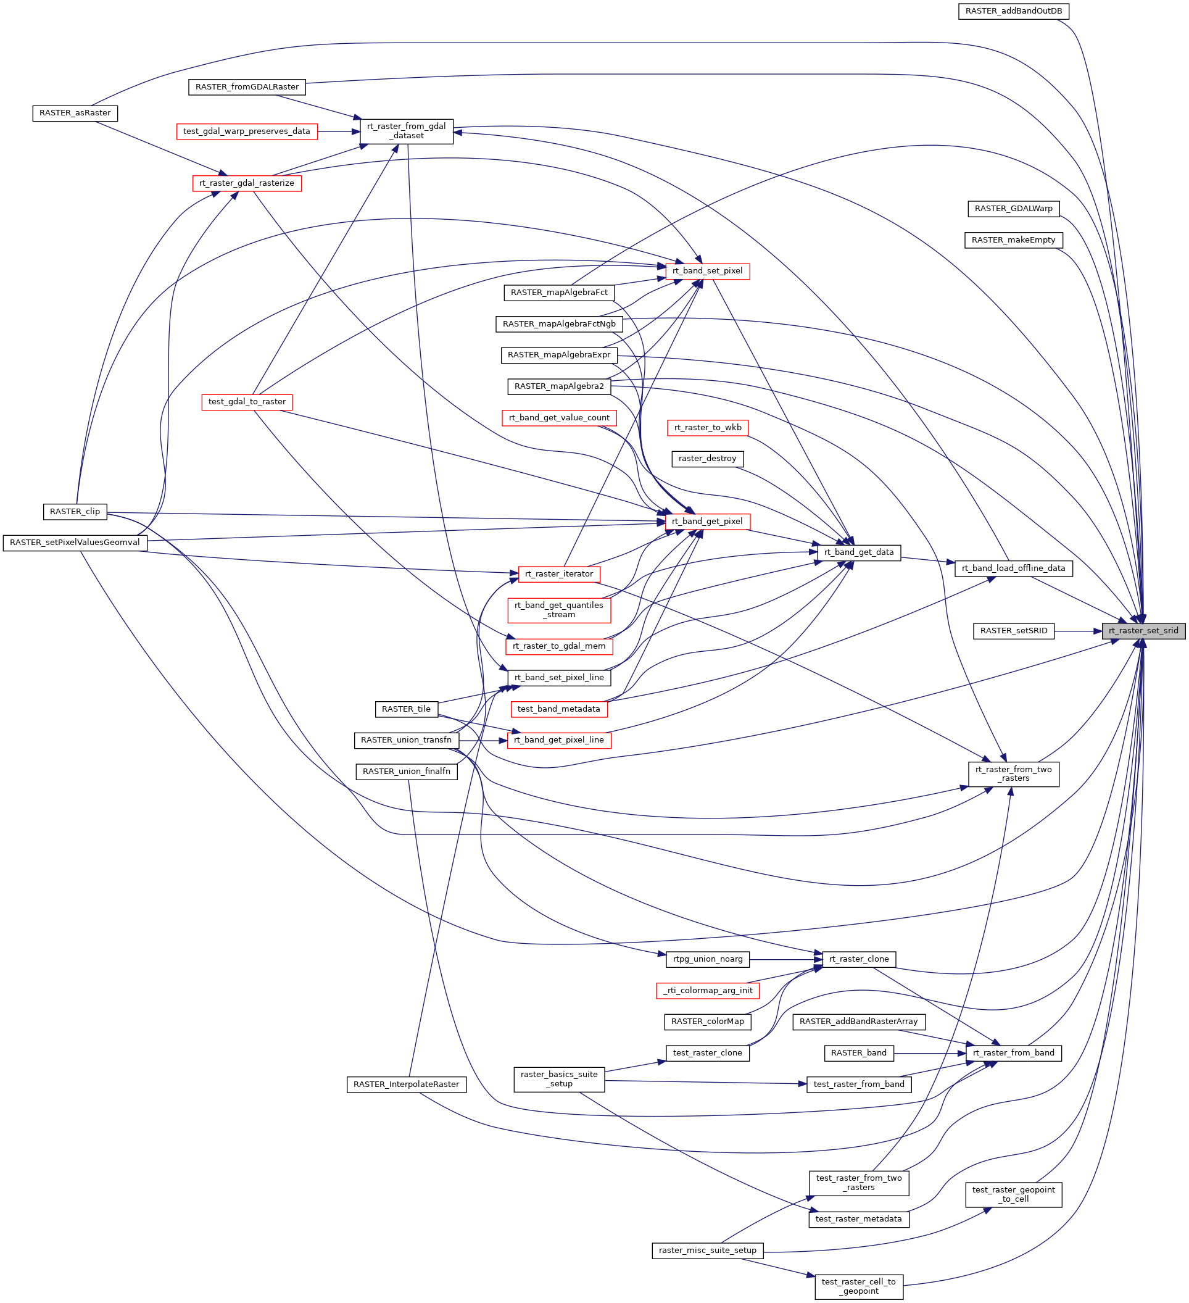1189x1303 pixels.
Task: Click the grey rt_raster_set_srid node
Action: pos(1143,631)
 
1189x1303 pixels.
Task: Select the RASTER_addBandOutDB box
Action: pos(1013,11)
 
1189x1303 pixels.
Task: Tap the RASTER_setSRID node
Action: pos(1013,631)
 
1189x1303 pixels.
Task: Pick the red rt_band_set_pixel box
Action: pos(707,271)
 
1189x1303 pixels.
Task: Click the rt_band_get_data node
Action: pos(859,552)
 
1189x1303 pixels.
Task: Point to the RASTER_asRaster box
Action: pos(75,113)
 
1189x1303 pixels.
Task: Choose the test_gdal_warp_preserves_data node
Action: pos(246,131)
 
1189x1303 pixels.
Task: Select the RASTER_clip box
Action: pos(75,512)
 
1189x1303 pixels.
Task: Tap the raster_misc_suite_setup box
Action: pos(707,1251)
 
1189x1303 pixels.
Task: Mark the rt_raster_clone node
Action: pos(859,959)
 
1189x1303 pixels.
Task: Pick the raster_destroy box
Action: pos(707,459)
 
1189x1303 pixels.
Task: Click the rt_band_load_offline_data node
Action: pos(1013,568)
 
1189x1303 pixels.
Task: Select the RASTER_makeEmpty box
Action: pos(1013,241)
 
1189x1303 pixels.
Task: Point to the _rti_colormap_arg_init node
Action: pos(707,990)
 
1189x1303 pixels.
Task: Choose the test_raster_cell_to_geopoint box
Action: pos(859,1286)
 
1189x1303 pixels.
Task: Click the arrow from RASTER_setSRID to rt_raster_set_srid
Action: pos(1078,631)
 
